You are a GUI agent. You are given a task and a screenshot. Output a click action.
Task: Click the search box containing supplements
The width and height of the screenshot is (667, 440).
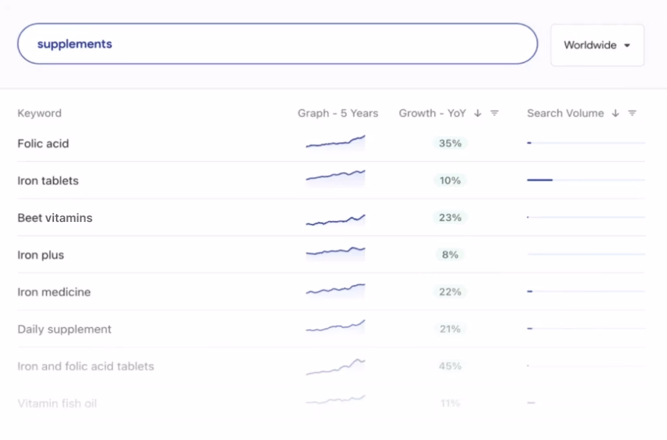tap(277, 44)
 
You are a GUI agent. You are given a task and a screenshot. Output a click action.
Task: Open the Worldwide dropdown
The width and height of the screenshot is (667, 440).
tap(597, 46)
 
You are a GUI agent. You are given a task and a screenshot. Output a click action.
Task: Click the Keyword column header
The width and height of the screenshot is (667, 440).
tap(40, 113)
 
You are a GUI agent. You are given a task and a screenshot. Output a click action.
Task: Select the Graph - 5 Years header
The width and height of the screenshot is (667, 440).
tap(337, 113)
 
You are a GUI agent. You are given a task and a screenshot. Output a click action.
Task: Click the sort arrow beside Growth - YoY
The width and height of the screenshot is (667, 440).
tap(477, 113)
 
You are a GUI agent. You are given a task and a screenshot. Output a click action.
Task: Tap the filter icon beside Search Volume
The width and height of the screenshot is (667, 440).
tap(632, 113)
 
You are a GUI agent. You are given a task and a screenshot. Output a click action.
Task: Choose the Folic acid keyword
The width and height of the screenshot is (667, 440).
tap(43, 144)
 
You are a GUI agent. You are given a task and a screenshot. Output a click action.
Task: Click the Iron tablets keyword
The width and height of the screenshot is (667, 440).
tap(48, 181)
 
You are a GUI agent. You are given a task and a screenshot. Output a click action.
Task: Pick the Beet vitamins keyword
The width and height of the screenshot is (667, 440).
tap(55, 218)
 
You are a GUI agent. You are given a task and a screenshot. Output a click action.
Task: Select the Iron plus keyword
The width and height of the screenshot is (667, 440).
tap(41, 255)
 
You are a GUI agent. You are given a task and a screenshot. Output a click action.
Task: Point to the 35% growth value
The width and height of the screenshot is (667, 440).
tap(450, 143)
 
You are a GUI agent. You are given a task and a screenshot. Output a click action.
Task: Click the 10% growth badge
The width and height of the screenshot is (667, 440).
tap(450, 180)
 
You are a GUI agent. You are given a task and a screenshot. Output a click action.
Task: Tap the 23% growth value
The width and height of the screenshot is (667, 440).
tap(450, 217)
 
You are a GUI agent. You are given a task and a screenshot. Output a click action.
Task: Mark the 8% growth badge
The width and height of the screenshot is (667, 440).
tap(450, 254)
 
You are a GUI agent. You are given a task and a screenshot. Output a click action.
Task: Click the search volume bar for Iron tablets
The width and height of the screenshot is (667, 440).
tap(540, 180)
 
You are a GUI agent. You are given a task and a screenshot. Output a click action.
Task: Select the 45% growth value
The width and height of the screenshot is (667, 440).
tap(450, 366)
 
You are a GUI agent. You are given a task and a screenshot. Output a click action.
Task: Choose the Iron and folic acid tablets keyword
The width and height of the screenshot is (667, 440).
tap(86, 366)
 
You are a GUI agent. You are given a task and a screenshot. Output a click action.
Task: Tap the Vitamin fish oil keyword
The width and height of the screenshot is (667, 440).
tap(57, 404)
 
